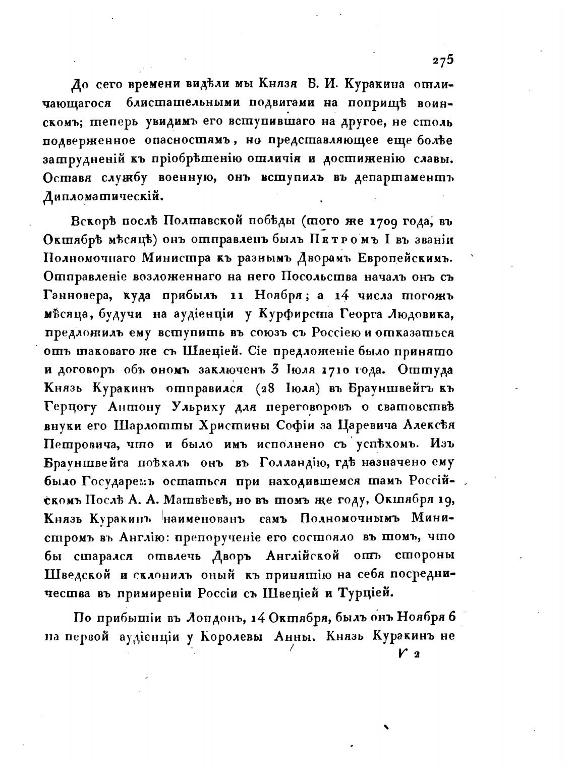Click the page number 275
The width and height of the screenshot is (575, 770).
[x=443, y=59]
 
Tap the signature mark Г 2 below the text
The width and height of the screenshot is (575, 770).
[x=407, y=654]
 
